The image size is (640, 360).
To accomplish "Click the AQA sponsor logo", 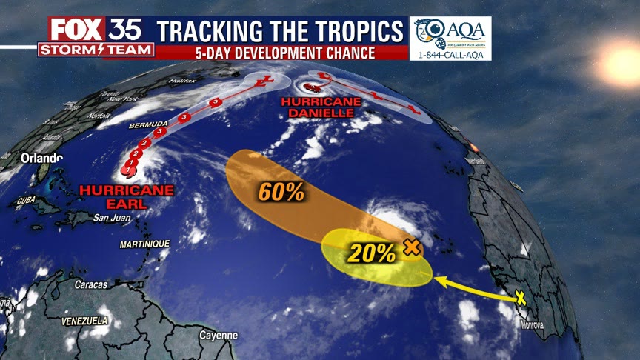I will point(450,33).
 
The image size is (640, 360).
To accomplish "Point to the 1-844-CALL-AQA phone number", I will point(450,54).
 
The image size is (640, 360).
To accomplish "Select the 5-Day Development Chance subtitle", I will point(281,53).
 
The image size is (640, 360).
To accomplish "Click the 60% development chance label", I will point(281,192).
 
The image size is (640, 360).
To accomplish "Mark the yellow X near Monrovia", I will point(520,298).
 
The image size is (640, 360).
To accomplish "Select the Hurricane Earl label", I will point(127,196).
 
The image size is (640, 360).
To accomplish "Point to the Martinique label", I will point(144,244).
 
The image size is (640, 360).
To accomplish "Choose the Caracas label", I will point(90,284).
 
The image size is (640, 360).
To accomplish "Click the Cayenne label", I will point(219,335).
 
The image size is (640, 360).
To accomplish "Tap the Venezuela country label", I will point(85,321).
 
